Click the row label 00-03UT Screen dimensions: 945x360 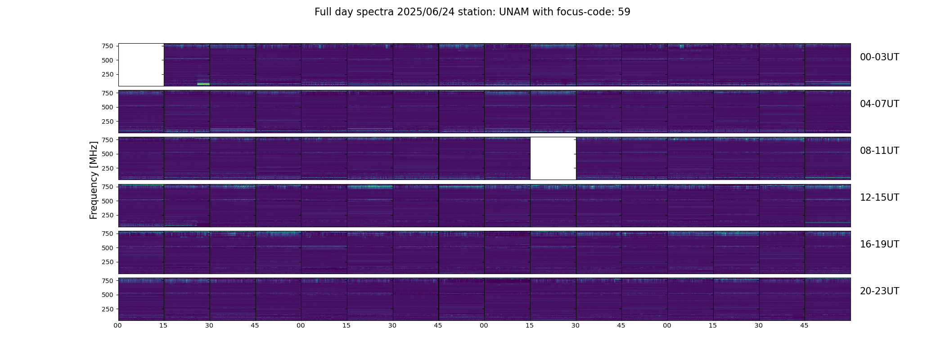pyautogui.click(x=879, y=57)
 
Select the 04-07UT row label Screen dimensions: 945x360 pyautogui.click(x=879, y=104)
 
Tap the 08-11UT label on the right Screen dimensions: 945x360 pyautogui.click(x=879, y=151)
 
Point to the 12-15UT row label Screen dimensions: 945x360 pyautogui.click(x=879, y=198)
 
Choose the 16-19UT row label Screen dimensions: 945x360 pyautogui.click(x=879, y=244)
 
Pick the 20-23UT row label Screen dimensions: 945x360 pyautogui.click(x=879, y=291)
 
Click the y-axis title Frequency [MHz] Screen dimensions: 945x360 pyautogui.click(x=94, y=180)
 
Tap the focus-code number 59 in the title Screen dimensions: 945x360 pyautogui.click(x=624, y=12)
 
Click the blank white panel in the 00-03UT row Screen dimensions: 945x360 pyautogui.click(x=141, y=65)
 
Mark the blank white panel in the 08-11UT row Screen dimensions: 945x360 pyautogui.click(x=553, y=158)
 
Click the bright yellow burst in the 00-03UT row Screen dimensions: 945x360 pyautogui.click(x=203, y=84)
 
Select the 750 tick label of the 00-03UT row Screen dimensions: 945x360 pyautogui.click(x=108, y=46)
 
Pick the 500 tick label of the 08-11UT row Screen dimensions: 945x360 pyautogui.click(x=108, y=154)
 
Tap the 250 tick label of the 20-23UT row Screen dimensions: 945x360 pyautogui.click(x=108, y=309)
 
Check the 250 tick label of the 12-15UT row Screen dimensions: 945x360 pyautogui.click(x=108, y=215)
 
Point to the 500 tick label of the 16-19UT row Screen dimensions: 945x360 pyautogui.click(x=108, y=248)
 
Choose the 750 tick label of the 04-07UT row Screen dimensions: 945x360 pyautogui.click(x=108, y=93)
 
